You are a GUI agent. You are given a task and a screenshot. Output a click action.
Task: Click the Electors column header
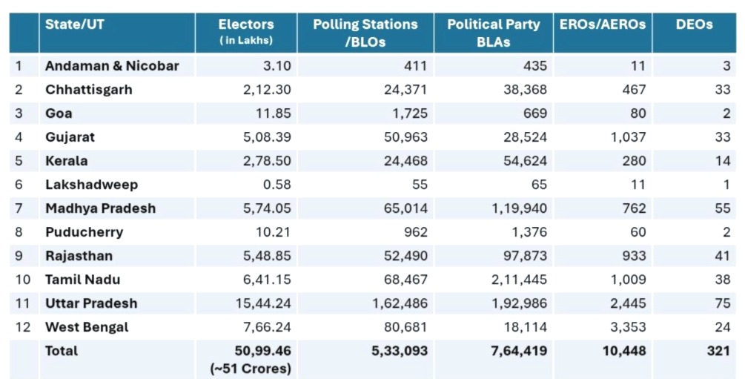pyautogui.click(x=246, y=25)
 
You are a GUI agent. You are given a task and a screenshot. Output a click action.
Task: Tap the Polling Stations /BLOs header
pyautogui.click(x=365, y=33)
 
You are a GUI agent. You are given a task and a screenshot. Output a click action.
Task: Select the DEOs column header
pyautogui.click(x=694, y=25)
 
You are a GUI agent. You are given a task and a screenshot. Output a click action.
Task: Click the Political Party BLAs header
pyautogui.click(x=494, y=33)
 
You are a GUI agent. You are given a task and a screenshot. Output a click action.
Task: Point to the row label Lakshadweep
pyautogui.click(x=91, y=185)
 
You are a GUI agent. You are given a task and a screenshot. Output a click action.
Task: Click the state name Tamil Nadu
pyautogui.click(x=82, y=280)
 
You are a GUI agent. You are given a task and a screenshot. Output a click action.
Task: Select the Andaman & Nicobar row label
pyautogui.click(x=112, y=66)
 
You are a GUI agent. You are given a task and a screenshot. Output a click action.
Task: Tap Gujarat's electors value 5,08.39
pyautogui.click(x=263, y=137)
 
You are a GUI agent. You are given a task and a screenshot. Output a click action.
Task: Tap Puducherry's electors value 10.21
pyautogui.click(x=273, y=232)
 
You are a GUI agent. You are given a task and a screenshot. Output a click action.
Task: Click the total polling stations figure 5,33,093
pyautogui.click(x=400, y=351)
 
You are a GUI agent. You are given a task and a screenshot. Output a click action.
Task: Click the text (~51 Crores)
pyautogui.click(x=252, y=368)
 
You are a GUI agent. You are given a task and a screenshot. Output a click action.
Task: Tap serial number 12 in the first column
pyautogui.click(x=23, y=327)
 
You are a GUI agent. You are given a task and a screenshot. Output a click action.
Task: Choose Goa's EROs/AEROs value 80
pyautogui.click(x=638, y=113)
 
